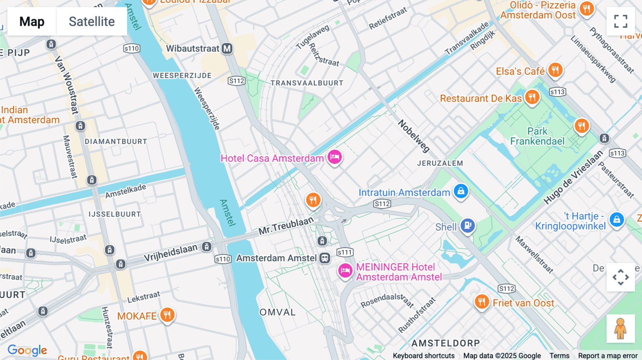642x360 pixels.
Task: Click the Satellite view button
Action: coord(92,21)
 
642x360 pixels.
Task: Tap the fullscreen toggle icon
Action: coord(621,21)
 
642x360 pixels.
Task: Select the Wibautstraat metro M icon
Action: coord(227,48)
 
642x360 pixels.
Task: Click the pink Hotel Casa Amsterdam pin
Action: coord(335,157)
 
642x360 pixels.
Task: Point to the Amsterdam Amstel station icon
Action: coord(325,258)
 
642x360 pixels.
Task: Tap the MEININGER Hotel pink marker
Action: coord(345,271)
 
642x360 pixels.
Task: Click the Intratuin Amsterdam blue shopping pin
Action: coord(461,191)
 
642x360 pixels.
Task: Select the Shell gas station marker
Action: coord(468,225)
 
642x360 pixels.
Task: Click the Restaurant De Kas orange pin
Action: coord(532,97)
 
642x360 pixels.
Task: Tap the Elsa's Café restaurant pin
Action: coord(555,70)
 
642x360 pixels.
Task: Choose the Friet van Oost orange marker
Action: coord(481,302)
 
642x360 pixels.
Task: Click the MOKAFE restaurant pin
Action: coord(167,315)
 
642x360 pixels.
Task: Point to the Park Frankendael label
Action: coord(537,136)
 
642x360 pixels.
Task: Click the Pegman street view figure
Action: coord(621,329)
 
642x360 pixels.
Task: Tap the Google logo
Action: coord(27,350)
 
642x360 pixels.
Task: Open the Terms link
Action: coord(559,356)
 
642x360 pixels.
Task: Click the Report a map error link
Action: coord(608,356)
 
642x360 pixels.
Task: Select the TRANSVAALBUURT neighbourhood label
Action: coord(307,83)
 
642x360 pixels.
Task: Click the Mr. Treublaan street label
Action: coord(286,226)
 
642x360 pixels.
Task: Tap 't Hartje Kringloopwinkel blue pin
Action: coord(617,220)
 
